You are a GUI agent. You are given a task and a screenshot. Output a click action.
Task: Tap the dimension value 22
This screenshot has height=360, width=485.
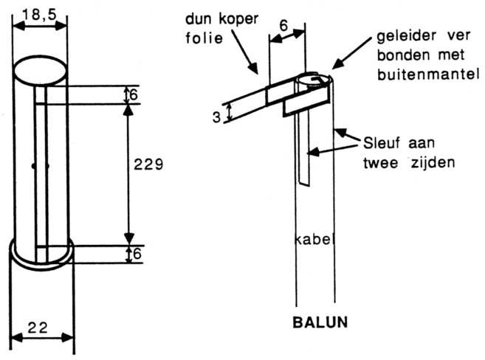pos(41,325)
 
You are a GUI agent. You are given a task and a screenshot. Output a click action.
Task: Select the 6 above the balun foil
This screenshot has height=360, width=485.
pos(284,23)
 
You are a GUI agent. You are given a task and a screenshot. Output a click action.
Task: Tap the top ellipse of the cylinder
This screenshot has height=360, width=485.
pos(41,72)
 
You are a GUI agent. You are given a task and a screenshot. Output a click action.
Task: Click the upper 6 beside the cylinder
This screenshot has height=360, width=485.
pos(134,95)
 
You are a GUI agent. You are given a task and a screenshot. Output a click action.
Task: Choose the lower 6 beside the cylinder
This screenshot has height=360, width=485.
pos(134,255)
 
